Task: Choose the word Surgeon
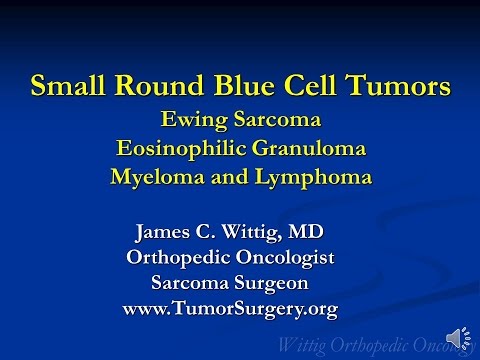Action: pos(274,283)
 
